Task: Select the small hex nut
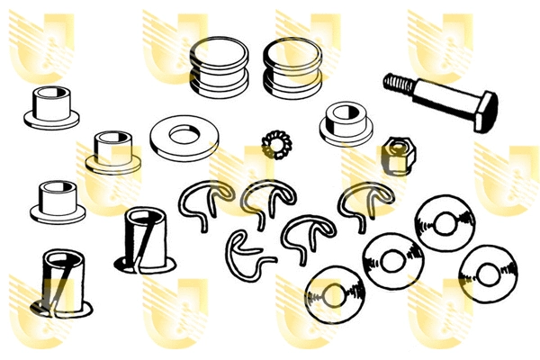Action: pos(395,156)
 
